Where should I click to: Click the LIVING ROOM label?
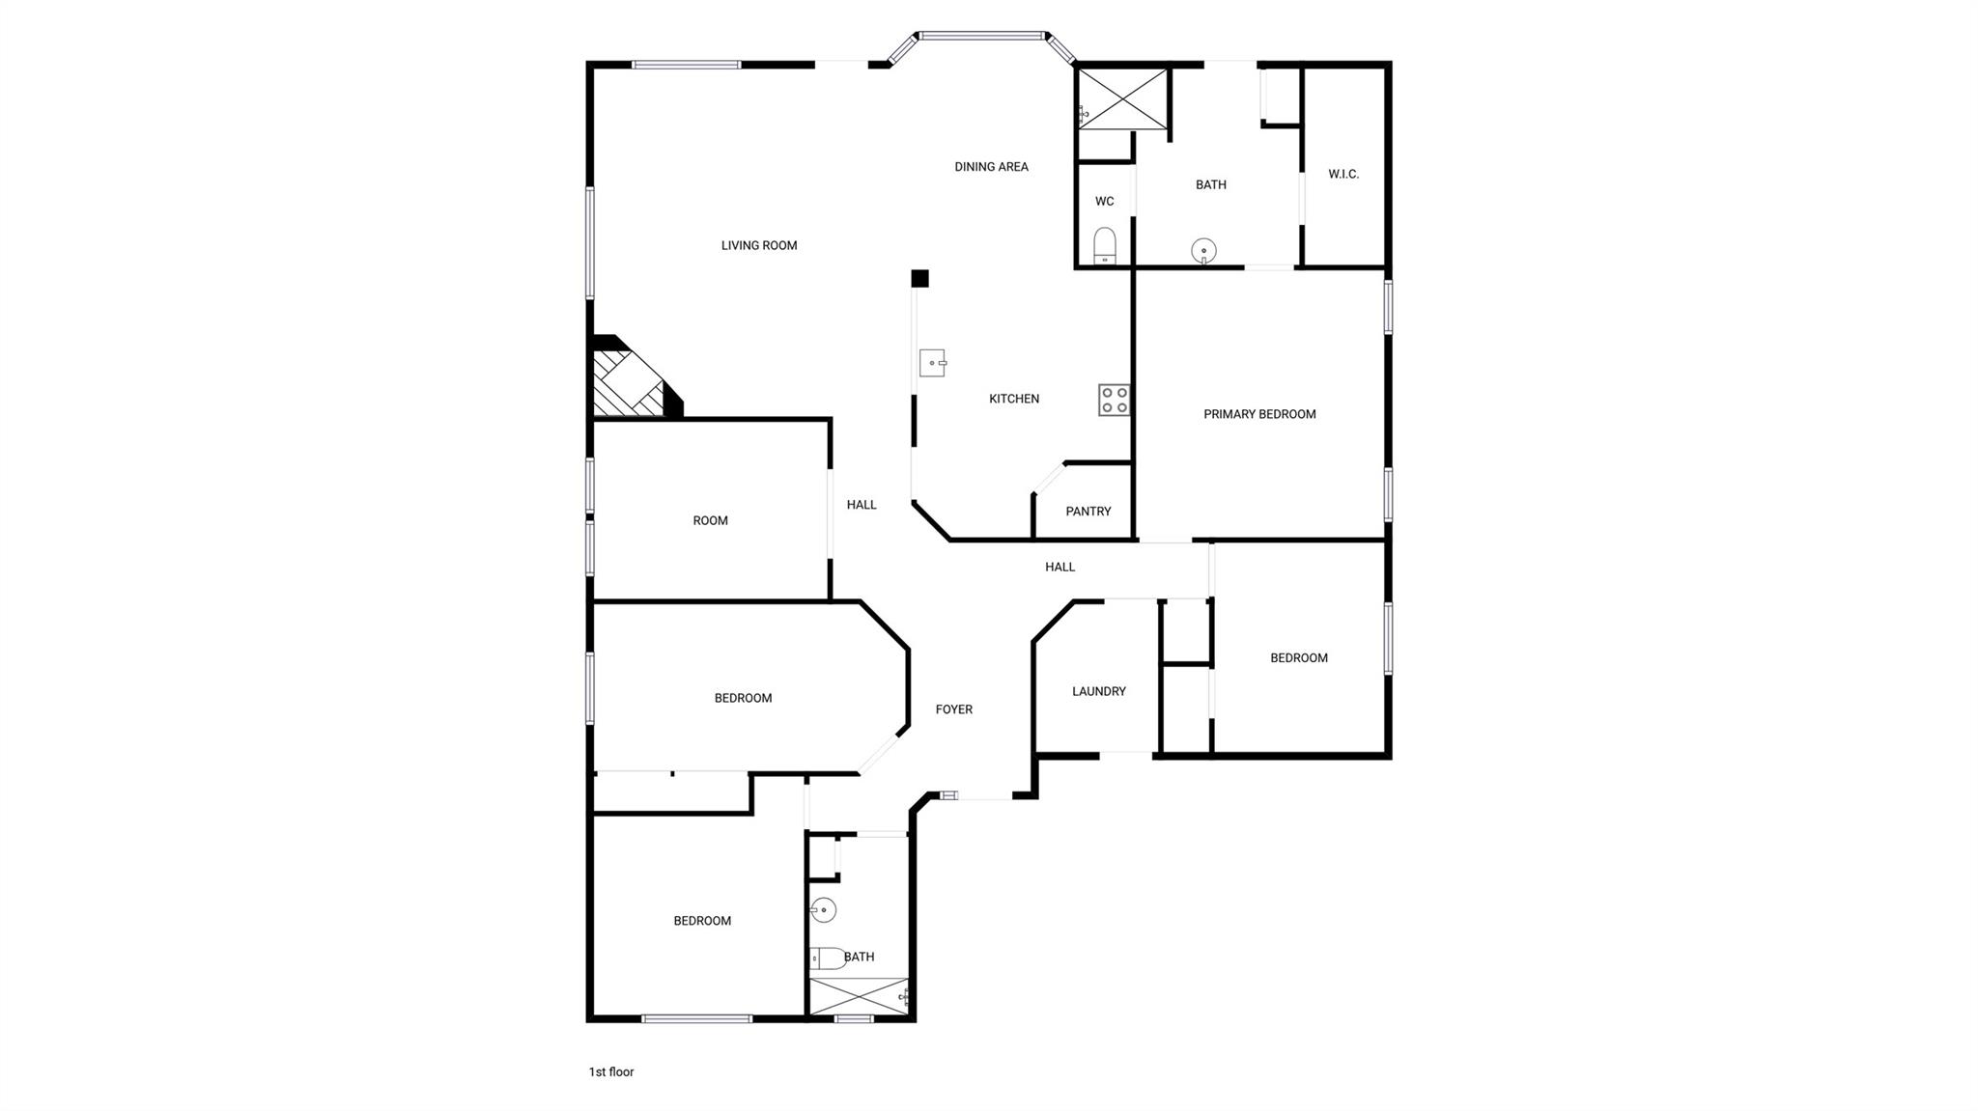click(759, 245)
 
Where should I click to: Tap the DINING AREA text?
click(991, 166)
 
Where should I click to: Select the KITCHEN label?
click(1014, 398)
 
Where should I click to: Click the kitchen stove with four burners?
click(1114, 400)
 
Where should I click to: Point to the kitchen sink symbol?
click(932, 362)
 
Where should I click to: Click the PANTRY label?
click(1088, 511)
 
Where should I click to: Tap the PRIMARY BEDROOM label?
click(1259, 414)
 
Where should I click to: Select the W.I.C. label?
click(1343, 174)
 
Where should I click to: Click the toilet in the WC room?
click(1105, 245)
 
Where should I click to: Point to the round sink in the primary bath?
click(1203, 251)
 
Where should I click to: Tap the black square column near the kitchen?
click(919, 278)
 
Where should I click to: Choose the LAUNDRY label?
click(1099, 691)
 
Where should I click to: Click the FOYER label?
click(954, 709)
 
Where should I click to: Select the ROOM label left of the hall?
click(710, 520)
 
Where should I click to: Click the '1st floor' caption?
click(611, 1071)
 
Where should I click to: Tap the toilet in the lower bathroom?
click(827, 958)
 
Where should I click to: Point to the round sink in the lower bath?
click(823, 909)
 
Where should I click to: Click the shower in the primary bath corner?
click(1121, 97)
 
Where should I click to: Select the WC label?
click(1104, 201)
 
